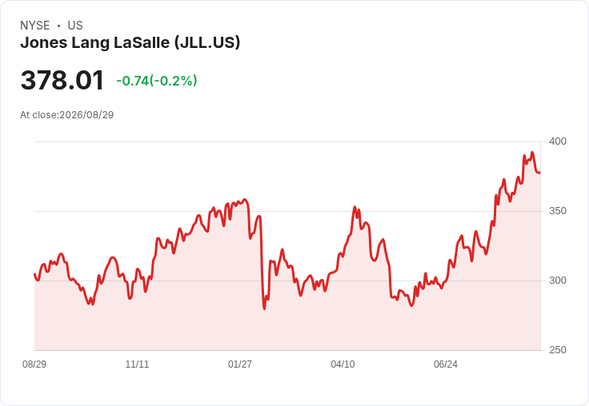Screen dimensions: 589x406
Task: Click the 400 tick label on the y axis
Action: pyautogui.click(x=558, y=141)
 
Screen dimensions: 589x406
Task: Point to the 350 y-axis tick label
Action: pyautogui.click(x=558, y=211)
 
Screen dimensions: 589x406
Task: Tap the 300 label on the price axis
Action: pyautogui.click(x=558, y=281)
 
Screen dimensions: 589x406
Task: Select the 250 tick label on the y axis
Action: pyautogui.click(x=558, y=350)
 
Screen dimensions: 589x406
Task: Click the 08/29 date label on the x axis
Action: pyautogui.click(x=34, y=364)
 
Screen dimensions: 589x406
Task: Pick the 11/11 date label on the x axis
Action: pyautogui.click(x=137, y=364)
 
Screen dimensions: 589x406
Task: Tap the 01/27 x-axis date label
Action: pyautogui.click(x=239, y=364)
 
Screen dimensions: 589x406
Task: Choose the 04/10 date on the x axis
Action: pyautogui.click(x=343, y=364)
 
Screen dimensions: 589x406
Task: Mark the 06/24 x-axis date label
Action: pyautogui.click(x=446, y=364)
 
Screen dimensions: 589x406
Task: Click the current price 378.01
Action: pyautogui.click(x=62, y=80)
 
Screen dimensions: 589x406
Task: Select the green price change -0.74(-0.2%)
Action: pyautogui.click(x=157, y=81)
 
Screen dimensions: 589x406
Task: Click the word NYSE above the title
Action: pyautogui.click(x=35, y=26)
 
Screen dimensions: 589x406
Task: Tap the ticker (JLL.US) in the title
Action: pyautogui.click(x=207, y=42)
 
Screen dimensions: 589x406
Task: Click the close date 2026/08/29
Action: pyautogui.click(x=86, y=115)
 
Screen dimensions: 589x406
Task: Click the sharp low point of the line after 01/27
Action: pyautogui.click(x=264, y=308)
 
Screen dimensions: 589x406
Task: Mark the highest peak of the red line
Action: pyautogui.click(x=532, y=153)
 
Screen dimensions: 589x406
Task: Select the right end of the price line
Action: pyautogui.click(x=540, y=173)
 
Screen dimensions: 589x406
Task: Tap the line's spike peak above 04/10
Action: pyautogui.click(x=355, y=207)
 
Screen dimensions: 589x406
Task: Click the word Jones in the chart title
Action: pyautogui.click(x=43, y=42)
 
